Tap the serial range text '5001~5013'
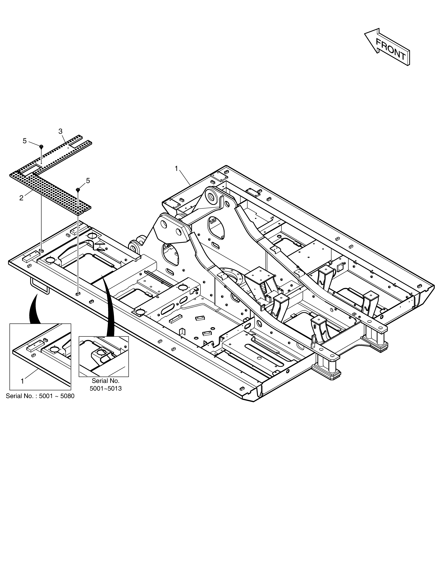(x=106, y=389)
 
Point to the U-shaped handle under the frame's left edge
(x=39, y=286)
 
